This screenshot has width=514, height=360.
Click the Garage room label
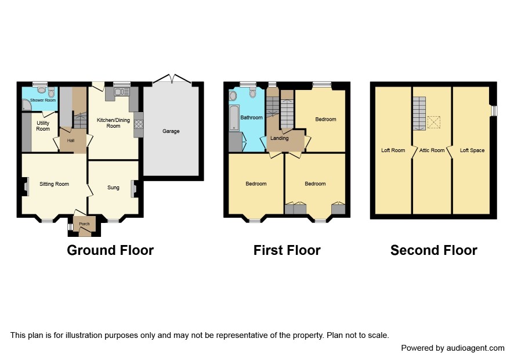click(x=171, y=131)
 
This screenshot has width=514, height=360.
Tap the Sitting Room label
click(x=54, y=184)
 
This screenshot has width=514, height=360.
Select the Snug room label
click(x=114, y=188)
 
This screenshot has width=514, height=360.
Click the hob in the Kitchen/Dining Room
click(x=138, y=124)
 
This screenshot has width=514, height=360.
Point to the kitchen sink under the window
click(x=122, y=92)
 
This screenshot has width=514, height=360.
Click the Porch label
click(x=84, y=224)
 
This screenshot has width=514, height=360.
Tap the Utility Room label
click(x=43, y=126)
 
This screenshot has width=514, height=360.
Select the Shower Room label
click(x=43, y=100)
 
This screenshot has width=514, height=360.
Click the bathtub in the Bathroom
click(x=234, y=117)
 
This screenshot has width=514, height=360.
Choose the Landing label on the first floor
click(x=279, y=138)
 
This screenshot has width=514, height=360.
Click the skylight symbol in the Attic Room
click(x=434, y=122)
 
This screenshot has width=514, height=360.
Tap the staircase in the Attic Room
click(x=419, y=114)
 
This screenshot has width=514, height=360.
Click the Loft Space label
click(x=472, y=150)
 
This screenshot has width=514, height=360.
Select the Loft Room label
click(x=393, y=150)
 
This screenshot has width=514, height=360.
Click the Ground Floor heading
click(x=110, y=250)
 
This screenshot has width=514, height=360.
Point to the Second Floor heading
click(x=434, y=250)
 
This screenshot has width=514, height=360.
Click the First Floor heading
click(x=287, y=250)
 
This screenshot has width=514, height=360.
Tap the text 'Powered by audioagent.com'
click(x=453, y=348)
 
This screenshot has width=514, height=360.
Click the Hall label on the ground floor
click(x=71, y=141)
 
